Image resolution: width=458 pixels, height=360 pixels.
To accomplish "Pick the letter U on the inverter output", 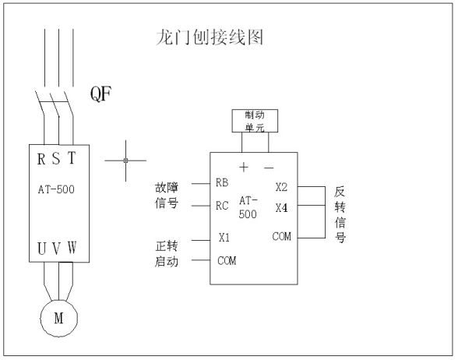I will tap(41, 249).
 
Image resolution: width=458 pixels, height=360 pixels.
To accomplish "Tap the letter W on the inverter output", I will tap(72, 249).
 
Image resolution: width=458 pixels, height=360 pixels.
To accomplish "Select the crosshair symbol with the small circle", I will tap(125, 160).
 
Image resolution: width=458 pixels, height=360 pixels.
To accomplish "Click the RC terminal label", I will tap(223, 206).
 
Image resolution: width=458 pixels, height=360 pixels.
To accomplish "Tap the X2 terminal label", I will tap(281, 188).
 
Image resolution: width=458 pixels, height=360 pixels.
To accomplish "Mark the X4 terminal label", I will tap(281, 209).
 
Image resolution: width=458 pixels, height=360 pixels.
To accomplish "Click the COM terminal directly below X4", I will tap(281, 236).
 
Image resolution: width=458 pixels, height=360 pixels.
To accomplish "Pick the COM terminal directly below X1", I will tap(227, 261).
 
